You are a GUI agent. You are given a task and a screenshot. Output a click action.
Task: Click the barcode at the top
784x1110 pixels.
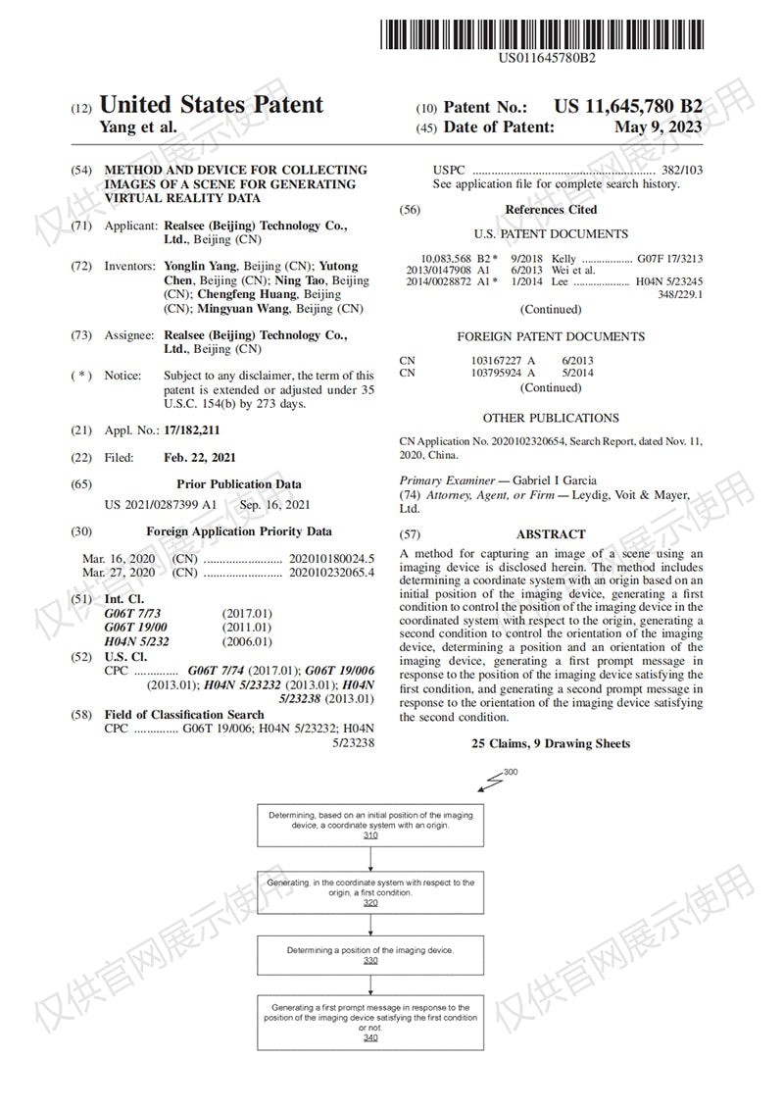546,32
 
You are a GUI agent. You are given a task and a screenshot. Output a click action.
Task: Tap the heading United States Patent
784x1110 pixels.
212,105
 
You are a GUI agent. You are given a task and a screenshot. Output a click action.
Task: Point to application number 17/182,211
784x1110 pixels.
191,429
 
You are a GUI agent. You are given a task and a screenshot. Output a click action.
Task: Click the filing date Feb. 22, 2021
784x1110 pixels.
200,457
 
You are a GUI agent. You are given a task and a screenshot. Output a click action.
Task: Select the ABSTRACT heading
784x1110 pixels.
551,534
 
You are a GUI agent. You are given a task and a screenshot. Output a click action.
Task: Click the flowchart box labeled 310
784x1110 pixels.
370,826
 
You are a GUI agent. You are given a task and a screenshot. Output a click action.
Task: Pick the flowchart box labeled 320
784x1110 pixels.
370,889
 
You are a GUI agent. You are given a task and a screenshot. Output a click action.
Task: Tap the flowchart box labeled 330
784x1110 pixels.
370,954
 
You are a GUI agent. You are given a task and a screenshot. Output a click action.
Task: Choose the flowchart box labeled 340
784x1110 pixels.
370,1022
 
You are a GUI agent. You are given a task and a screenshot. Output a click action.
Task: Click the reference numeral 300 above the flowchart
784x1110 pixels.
510,773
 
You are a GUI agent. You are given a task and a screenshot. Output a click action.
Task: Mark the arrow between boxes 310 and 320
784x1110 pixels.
370,858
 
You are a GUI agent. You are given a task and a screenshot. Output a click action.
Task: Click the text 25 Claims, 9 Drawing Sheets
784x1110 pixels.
551,744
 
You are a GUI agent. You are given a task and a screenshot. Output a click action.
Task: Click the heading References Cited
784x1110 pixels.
551,210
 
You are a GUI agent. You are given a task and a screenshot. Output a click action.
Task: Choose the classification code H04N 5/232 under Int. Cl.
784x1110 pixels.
137,641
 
